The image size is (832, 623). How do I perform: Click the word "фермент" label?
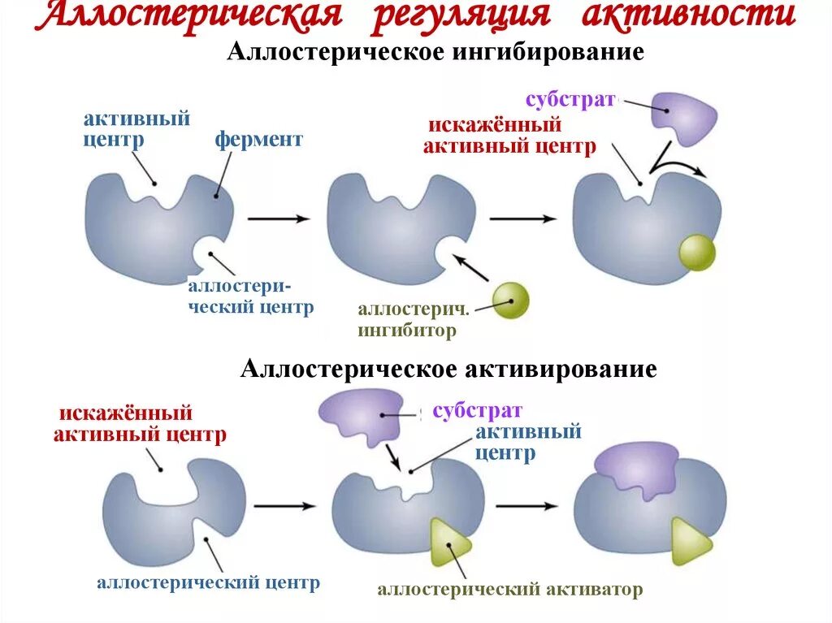258,140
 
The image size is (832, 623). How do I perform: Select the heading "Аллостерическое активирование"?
448,369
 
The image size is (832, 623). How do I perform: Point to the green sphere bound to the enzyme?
697,252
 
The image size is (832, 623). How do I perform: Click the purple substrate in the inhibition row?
686,118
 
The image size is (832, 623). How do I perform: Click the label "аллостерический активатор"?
509,590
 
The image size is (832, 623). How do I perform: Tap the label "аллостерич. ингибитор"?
413,320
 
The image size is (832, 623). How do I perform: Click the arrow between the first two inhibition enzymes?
279,218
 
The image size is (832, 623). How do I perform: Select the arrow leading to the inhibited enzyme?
523,218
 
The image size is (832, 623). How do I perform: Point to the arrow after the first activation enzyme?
284,505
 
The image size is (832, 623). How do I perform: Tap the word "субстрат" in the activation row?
477,410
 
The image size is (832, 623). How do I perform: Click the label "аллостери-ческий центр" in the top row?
250,297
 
